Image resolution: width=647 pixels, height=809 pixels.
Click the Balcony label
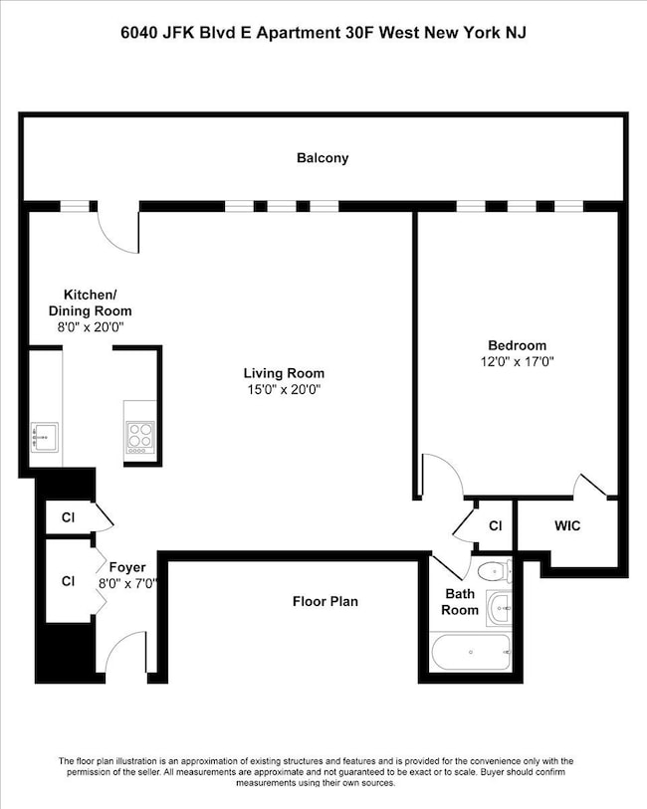click(323, 158)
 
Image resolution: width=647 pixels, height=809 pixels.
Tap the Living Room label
click(284, 373)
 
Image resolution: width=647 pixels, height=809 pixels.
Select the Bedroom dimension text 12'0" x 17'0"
click(517, 361)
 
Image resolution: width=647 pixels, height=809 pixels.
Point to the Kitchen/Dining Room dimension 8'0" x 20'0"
click(91, 327)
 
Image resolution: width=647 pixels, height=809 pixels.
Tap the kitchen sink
click(45, 438)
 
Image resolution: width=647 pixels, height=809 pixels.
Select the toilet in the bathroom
click(495, 571)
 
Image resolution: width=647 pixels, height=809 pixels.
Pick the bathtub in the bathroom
click(471, 652)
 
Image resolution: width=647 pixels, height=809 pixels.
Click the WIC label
click(567, 525)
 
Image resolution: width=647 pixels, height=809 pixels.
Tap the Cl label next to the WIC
click(496, 525)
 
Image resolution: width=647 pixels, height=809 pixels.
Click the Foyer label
click(127, 567)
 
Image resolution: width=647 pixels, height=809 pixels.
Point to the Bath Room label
click(460, 602)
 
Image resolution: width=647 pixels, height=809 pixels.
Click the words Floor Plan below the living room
click(325, 602)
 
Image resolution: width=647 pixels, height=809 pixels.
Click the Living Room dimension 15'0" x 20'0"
click(285, 389)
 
